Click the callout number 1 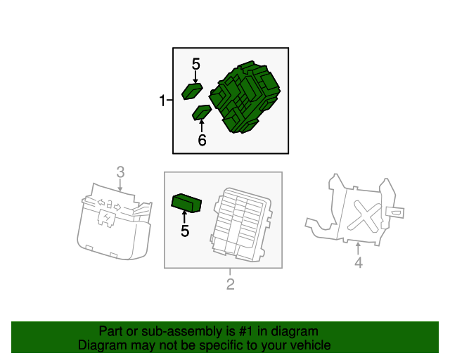(x=162, y=101)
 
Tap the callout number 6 (x=202, y=140)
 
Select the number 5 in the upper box (x=195, y=64)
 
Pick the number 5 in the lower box (x=185, y=231)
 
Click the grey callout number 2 (x=231, y=284)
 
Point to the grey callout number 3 (x=120, y=172)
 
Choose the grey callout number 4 (x=359, y=262)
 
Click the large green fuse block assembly (x=245, y=97)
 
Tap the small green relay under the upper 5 (x=192, y=91)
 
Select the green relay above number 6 (x=202, y=112)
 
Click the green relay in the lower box (x=186, y=203)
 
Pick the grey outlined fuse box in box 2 (x=241, y=224)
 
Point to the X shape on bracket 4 (x=365, y=216)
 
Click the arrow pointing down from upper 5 (x=195, y=77)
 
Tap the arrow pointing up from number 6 (x=202, y=127)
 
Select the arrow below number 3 (x=120, y=185)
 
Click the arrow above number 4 (x=358, y=249)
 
